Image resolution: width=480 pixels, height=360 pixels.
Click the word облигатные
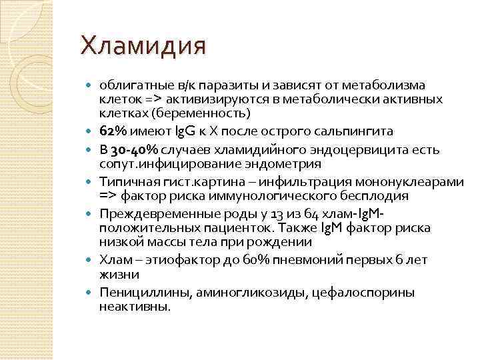click(x=131, y=85)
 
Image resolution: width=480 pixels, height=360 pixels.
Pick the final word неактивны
click(x=135, y=307)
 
